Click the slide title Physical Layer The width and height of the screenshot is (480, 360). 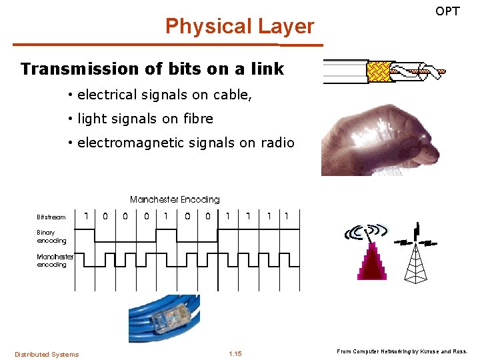coord(239,27)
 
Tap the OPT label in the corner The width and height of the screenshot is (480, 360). coord(447,11)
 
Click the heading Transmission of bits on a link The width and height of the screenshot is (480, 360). coord(152,69)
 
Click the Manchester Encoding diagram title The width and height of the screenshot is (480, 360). coord(175,199)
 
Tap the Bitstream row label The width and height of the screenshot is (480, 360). coord(51,217)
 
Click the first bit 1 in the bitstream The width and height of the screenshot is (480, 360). coord(87,216)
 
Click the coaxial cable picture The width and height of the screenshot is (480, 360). coord(385,71)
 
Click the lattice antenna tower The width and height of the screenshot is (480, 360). coord(416,260)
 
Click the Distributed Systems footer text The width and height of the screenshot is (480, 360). coord(47,354)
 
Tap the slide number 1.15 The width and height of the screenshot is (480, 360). coord(235,354)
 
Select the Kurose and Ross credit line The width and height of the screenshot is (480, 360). coord(403,351)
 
